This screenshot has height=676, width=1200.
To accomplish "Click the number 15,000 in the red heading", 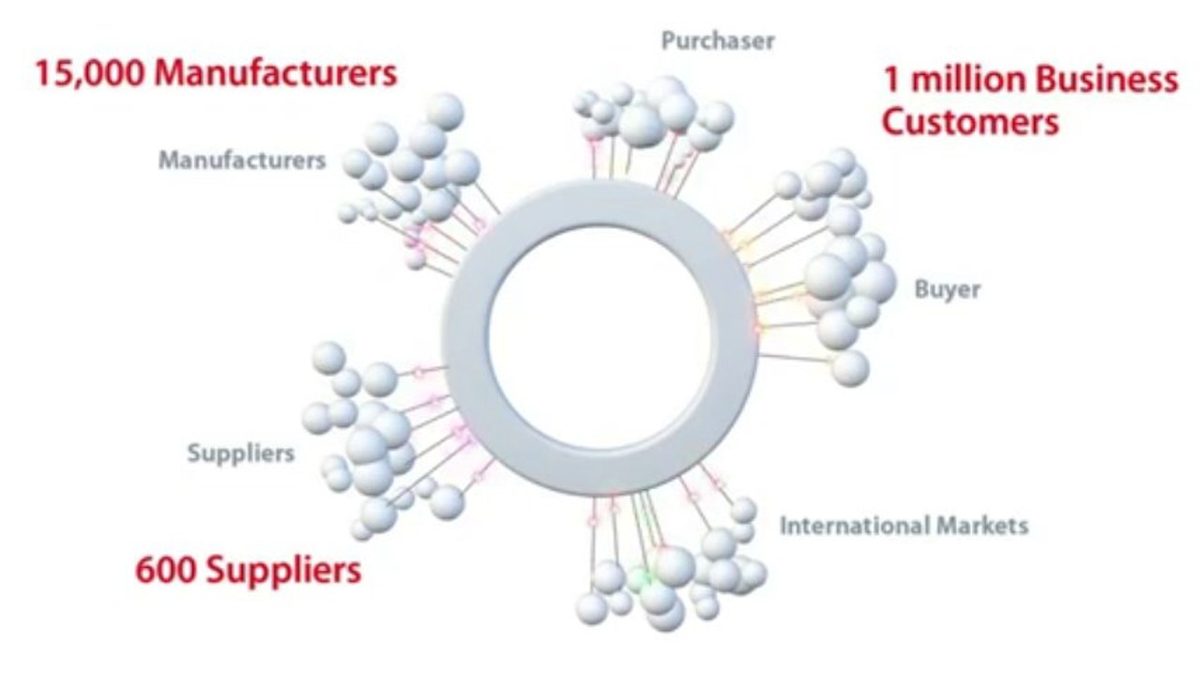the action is point(90,73).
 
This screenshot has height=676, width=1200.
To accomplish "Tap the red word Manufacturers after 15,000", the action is point(276,73).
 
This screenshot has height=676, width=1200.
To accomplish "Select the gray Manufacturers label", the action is point(242,161).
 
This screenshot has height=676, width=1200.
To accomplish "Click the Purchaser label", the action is point(718,40).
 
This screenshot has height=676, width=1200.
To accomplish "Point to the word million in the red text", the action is point(968,80).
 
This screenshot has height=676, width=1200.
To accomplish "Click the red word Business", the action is point(1107,80).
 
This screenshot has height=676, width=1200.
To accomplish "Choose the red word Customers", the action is point(970,122).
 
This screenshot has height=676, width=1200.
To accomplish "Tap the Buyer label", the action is point(948,290).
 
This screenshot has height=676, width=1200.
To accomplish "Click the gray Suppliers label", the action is point(241,453).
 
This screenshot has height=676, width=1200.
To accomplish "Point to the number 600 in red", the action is point(165,569).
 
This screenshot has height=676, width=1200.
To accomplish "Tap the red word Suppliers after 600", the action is point(284,571).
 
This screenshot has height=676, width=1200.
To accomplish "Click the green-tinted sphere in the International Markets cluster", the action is point(640,579).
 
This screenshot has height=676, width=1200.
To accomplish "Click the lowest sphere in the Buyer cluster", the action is point(850,368).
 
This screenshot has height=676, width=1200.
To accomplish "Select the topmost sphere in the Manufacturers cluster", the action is point(445,112).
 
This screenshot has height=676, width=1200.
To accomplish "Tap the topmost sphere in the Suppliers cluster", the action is point(328,358).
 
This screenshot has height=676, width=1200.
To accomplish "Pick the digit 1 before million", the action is point(891,80).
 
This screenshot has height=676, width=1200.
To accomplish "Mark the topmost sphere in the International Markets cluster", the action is point(743,509).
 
